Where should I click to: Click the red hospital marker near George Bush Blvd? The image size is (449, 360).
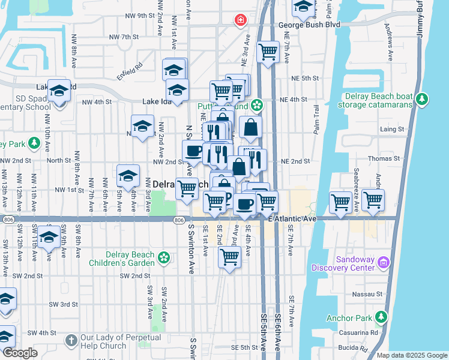(x=241, y=20)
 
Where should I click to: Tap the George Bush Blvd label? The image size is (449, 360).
(x=309, y=25)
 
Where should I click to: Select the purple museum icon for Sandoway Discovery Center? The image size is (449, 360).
(x=384, y=262)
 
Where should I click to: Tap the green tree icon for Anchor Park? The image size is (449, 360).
(x=381, y=317)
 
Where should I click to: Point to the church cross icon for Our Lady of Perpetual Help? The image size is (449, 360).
(x=71, y=341)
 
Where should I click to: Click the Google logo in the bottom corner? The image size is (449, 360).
(x=20, y=353)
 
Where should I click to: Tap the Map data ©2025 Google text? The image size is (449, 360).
(x=412, y=355)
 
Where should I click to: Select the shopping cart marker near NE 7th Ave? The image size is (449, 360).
(x=268, y=50)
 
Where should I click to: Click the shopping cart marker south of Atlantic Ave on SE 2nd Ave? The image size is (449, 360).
(x=229, y=257)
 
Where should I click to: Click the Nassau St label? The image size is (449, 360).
(x=370, y=294)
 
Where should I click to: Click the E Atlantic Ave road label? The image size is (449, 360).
(x=292, y=220)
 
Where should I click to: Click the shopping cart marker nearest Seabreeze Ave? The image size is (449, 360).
(x=373, y=200)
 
